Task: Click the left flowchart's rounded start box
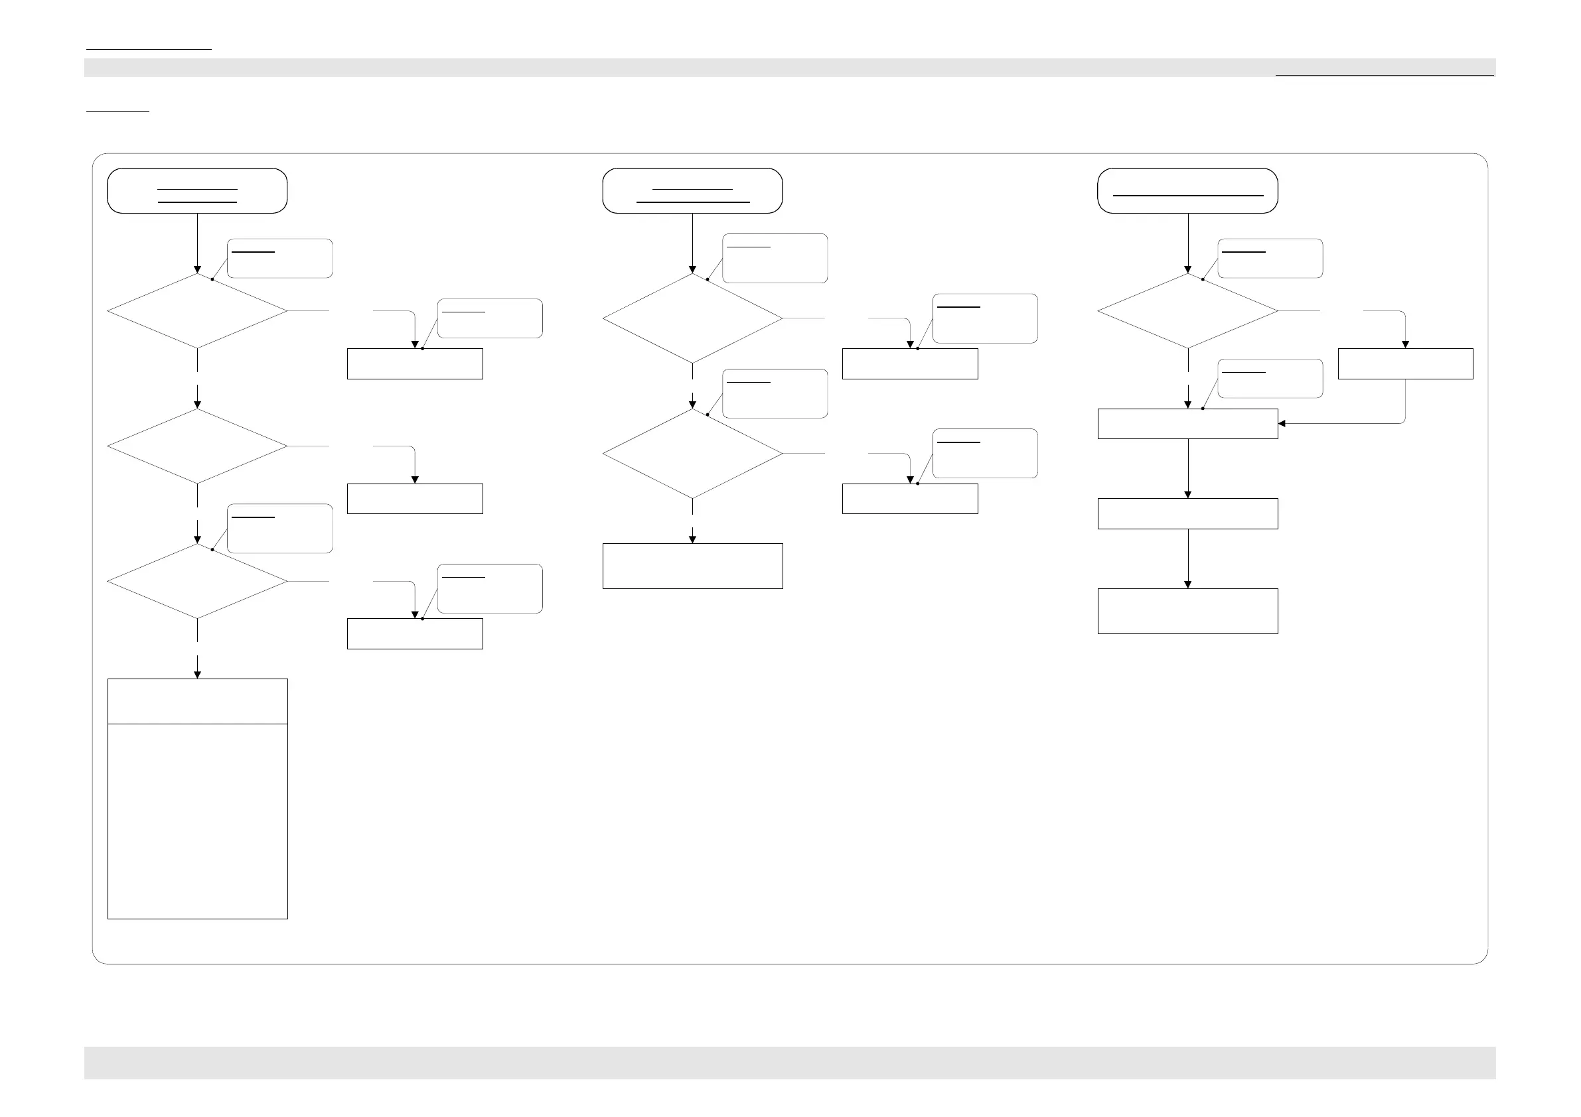point(197,190)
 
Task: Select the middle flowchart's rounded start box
point(692,190)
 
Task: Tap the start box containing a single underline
point(1187,190)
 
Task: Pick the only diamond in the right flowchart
point(1187,311)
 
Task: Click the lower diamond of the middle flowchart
point(692,454)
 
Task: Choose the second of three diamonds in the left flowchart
point(197,446)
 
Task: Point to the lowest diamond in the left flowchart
point(197,582)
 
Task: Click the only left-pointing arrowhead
point(1282,423)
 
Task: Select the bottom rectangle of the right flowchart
point(1187,611)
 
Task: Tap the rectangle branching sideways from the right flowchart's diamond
point(1404,363)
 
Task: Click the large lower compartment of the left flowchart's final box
point(197,821)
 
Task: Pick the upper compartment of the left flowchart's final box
point(197,701)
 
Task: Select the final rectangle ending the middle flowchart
point(692,566)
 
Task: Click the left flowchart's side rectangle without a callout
point(415,499)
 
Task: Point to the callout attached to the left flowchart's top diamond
point(279,259)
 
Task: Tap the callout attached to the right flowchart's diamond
point(1270,259)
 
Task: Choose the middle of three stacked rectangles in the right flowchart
point(1187,513)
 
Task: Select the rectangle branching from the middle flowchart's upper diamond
point(909,363)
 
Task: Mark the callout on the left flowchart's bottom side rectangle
point(490,588)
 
